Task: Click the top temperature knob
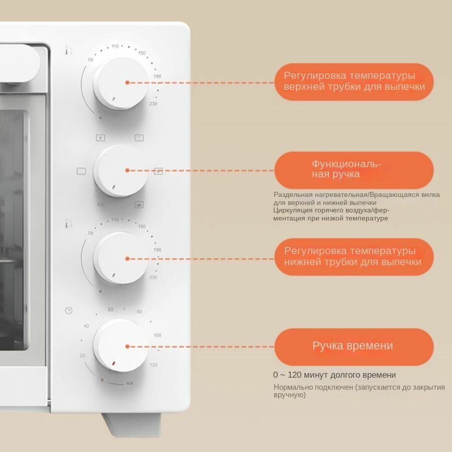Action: (121, 83)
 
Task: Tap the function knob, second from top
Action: (120, 171)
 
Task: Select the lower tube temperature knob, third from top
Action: (121, 258)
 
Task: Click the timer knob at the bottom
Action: (121, 346)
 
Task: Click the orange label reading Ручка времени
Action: (353, 346)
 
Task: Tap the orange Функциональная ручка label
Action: (353, 170)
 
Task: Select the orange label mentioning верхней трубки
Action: (353, 81)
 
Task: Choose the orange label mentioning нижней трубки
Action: (353, 257)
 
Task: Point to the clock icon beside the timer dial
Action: (69, 310)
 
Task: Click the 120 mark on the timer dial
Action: (154, 365)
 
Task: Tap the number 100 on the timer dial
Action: (157, 335)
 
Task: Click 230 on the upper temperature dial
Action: (153, 104)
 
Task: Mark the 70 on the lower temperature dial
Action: (90, 234)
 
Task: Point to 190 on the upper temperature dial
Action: (157, 76)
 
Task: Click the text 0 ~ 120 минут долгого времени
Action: (334, 375)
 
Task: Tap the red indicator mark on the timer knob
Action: (114, 363)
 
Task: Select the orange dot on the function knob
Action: (128, 171)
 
